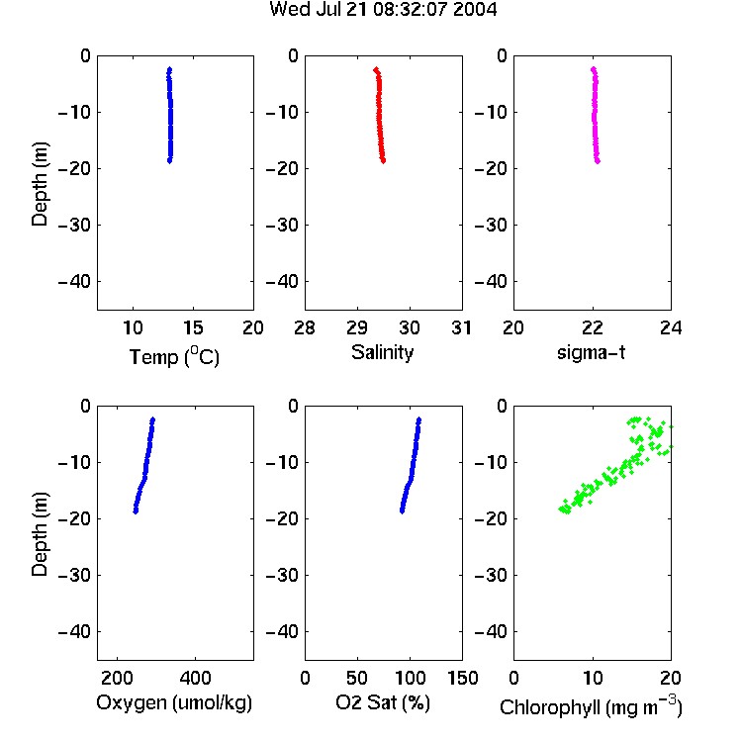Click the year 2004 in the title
(475, 10)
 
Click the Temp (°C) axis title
(174, 356)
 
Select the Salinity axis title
(382, 352)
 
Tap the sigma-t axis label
(591, 352)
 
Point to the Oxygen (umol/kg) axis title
(174, 702)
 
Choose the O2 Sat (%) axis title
(383, 702)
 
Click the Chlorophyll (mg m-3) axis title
(591, 706)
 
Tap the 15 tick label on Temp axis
(193, 327)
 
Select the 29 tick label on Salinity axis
(357, 327)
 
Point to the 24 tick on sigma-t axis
(671, 327)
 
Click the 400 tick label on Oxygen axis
(195, 678)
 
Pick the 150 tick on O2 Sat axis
(462, 678)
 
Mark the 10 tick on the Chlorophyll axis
(593, 678)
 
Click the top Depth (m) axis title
(40, 184)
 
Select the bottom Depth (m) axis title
(40, 534)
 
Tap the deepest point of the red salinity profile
(383, 161)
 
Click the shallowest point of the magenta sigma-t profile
(593, 69)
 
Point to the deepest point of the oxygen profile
(136, 511)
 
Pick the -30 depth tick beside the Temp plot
(74, 225)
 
